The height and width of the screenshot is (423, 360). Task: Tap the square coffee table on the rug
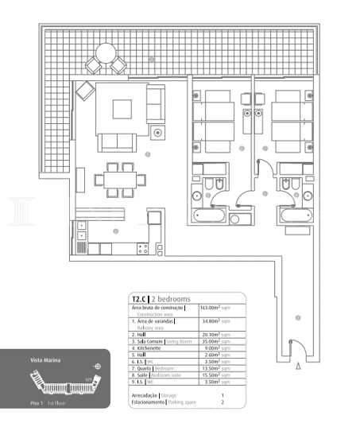point(122,109)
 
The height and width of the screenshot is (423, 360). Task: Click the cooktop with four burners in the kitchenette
point(143,248)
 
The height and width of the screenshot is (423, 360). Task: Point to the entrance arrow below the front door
point(298,367)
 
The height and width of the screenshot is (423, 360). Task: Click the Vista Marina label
point(42,359)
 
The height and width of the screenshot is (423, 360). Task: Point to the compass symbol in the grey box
point(97,367)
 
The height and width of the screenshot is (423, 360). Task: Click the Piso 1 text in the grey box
point(35,403)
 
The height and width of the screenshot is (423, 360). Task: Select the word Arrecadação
point(144,395)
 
